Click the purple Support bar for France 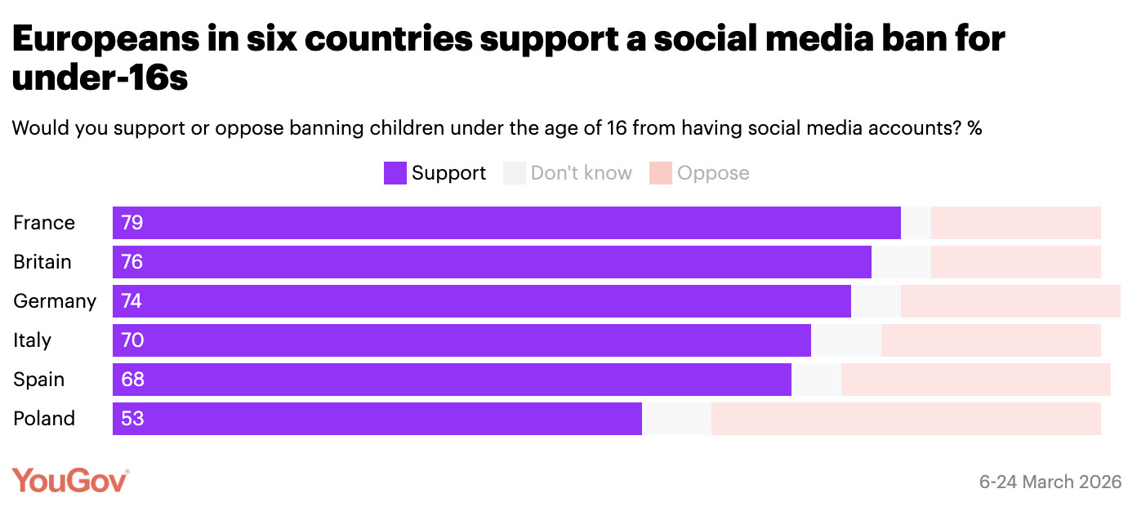(x=506, y=223)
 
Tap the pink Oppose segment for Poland (x=906, y=419)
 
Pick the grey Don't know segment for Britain (x=901, y=262)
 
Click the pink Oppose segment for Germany (x=1010, y=301)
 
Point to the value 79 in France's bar (x=132, y=223)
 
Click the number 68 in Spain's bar (x=132, y=380)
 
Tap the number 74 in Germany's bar (x=132, y=301)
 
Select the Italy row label (x=33, y=340)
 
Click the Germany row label (x=55, y=301)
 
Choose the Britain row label (x=42, y=262)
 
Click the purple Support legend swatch (x=395, y=173)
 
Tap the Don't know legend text (x=581, y=173)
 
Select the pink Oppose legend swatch (x=660, y=173)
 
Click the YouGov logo (x=70, y=481)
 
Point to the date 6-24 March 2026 (x=1050, y=482)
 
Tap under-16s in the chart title (x=100, y=79)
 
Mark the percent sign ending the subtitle (x=974, y=128)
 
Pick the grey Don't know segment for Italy (x=845, y=340)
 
